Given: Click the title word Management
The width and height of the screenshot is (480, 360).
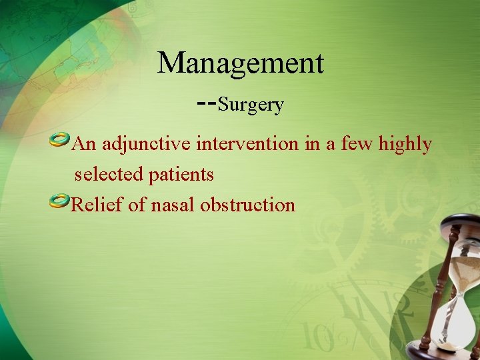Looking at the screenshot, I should click(241, 64).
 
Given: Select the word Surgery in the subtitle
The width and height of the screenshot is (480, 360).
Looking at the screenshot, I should click(251, 105).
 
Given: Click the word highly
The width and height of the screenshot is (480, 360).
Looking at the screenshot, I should click(405, 144).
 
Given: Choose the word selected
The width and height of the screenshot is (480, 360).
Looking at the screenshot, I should click(109, 175).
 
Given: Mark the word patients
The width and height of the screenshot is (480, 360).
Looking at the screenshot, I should click(181, 175).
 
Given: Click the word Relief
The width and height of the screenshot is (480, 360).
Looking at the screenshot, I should click(97, 205).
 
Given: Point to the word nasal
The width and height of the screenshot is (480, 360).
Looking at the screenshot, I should click(173, 205).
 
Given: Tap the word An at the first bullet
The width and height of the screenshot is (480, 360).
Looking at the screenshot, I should click(85, 143).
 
